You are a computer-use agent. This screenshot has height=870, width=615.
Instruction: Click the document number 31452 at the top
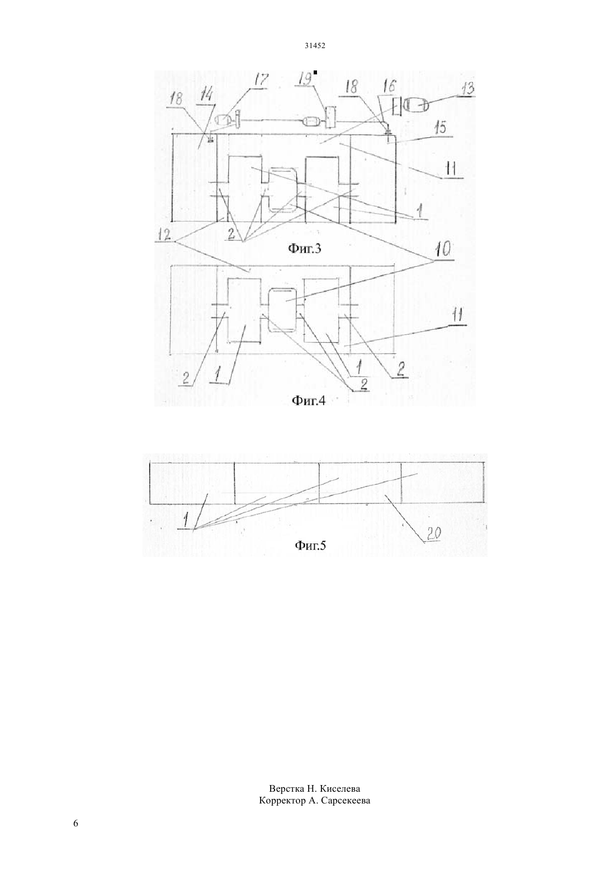(315, 46)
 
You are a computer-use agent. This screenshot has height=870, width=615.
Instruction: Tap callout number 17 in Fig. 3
(261, 81)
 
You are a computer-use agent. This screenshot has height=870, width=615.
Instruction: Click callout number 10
(441, 252)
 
